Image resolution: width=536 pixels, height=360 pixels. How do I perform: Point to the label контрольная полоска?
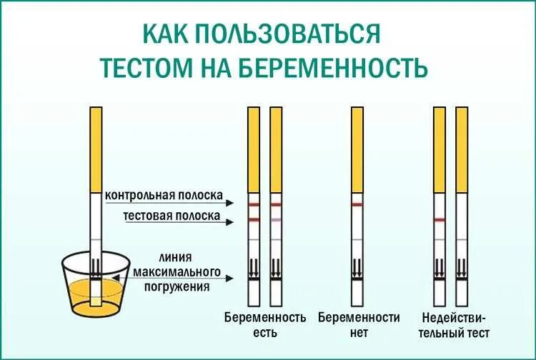pyautogui.click(x=164, y=195)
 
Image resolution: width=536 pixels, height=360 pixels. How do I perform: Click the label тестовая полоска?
pyautogui.click(x=172, y=215)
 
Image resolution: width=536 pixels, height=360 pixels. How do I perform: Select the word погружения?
pyautogui.click(x=175, y=287)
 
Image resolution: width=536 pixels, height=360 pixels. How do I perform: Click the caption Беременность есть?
pyautogui.click(x=264, y=324)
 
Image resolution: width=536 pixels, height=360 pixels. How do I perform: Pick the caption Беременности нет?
pyautogui.click(x=358, y=324)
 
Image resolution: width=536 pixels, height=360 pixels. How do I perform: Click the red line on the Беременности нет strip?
pyautogui.click(x=358, y=205)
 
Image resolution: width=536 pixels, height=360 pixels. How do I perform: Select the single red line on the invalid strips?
pyautogui.click(x=440, y=219)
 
